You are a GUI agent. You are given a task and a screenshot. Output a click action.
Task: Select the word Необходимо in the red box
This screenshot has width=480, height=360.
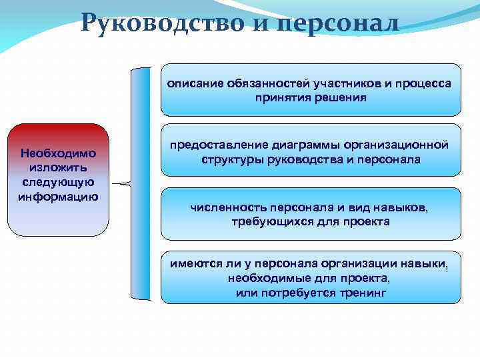pyautogui.click(x=59, y=153)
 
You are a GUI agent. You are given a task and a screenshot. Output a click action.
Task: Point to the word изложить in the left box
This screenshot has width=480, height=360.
pyautogui.click(x=59, y=168)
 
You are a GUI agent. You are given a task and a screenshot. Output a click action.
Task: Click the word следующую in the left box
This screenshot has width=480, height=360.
pyautogui.click(x=59, y=182)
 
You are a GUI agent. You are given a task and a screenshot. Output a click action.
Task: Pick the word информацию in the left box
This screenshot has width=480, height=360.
pyautogui.click(x=59, y=196)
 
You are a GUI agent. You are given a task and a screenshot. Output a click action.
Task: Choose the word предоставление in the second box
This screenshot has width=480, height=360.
pyautogui.click(x=219, y=145)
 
